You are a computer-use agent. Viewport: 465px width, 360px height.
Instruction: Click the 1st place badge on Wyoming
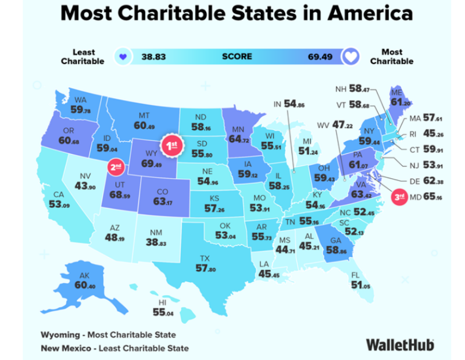[x=172, y=146]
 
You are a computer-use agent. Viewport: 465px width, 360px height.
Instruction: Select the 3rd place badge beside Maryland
[x=399, y=196]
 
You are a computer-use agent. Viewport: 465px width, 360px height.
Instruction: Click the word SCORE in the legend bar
[x=237, y=56]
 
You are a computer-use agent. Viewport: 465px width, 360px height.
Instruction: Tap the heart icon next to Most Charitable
[x=352, y=57]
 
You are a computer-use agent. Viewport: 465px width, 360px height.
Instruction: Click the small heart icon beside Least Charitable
[x=121, y=57]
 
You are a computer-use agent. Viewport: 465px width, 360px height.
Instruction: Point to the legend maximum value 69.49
[x=321, y=56]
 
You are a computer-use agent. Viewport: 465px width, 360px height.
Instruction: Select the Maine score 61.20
[x=397, y=102]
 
